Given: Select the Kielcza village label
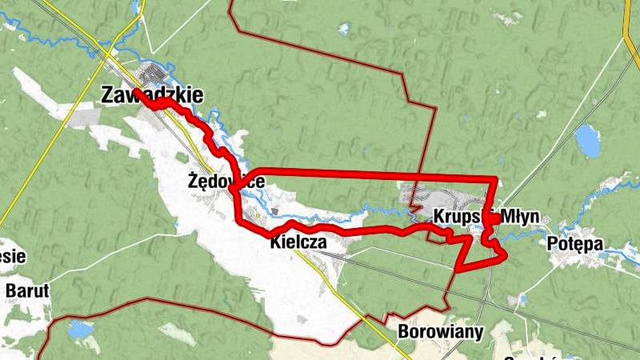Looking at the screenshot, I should [298, 240].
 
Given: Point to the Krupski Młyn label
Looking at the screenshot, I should [486, 217].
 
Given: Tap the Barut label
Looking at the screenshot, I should [27, 290].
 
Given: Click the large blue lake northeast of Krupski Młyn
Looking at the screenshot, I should [588, 141].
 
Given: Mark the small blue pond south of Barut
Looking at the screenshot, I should [79, 329].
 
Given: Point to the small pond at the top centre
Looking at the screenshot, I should [344, 30].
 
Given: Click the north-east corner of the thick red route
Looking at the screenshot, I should [496, 178].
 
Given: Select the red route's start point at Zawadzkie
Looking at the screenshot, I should [136, 92].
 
